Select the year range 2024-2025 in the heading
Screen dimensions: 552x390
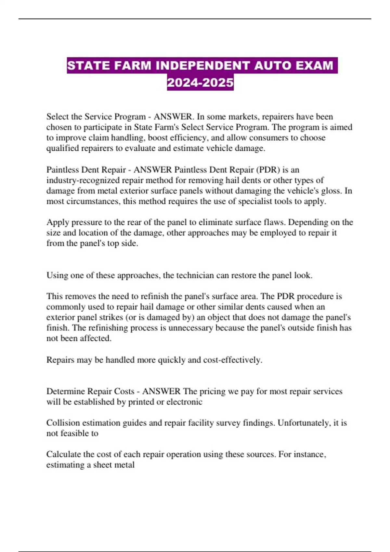tap(200, 82)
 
